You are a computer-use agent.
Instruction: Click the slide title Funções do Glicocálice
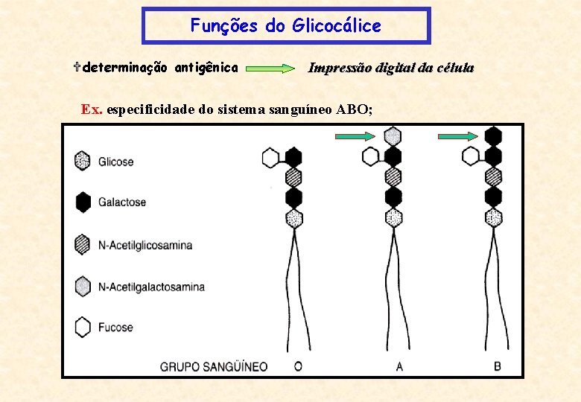tap(285, 26)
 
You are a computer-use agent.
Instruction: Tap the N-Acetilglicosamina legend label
tap(145, 245)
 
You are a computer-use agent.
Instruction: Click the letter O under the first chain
tap(298, 366)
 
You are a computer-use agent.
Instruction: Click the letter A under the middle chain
tap(399, 366)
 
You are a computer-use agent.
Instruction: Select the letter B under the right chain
tap(498, 366)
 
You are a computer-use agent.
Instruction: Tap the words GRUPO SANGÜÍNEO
tap(214, 366)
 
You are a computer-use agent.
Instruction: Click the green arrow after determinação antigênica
tap(270, 68)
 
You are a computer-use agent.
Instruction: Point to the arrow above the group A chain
tap(356, 135)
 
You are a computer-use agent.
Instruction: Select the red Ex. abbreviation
tap(92, 110)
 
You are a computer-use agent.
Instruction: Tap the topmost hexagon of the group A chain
tap(393, 135)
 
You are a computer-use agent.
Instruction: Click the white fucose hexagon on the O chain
tap(271, 157)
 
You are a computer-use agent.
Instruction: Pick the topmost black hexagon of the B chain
tap(493, 135)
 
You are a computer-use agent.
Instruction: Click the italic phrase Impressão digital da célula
tap(391, 68)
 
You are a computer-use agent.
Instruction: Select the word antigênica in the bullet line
tap(206, 68)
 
